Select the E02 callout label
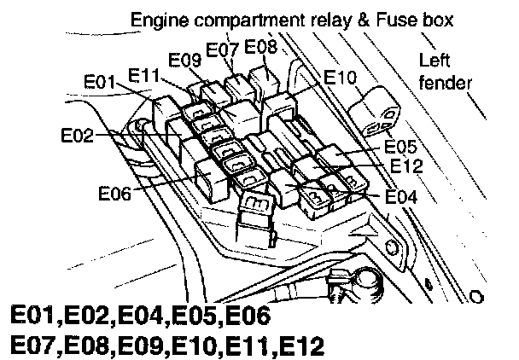78,135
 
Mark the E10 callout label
341,78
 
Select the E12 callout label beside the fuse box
406,165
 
